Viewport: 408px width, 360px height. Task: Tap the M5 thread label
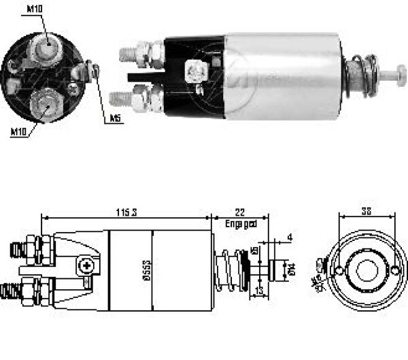point(116,118)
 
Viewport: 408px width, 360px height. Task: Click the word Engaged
point(241,223)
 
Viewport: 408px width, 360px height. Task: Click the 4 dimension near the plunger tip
point(289,237)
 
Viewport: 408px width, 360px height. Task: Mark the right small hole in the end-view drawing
point(395,272)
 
